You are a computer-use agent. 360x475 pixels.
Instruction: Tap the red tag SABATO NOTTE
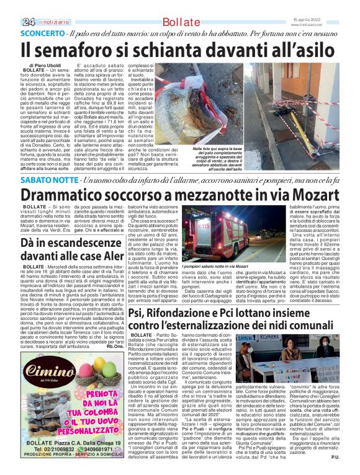point(49,180)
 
